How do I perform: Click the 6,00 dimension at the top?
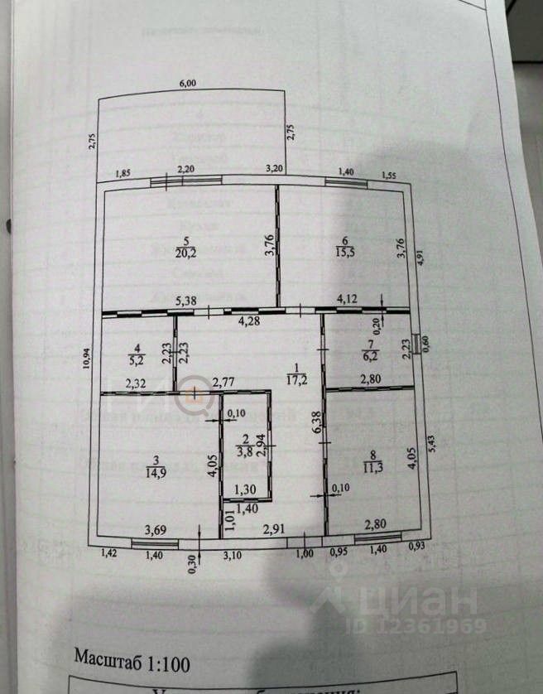(x=189, y=82)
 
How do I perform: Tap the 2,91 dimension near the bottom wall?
(x=274, y=529)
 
